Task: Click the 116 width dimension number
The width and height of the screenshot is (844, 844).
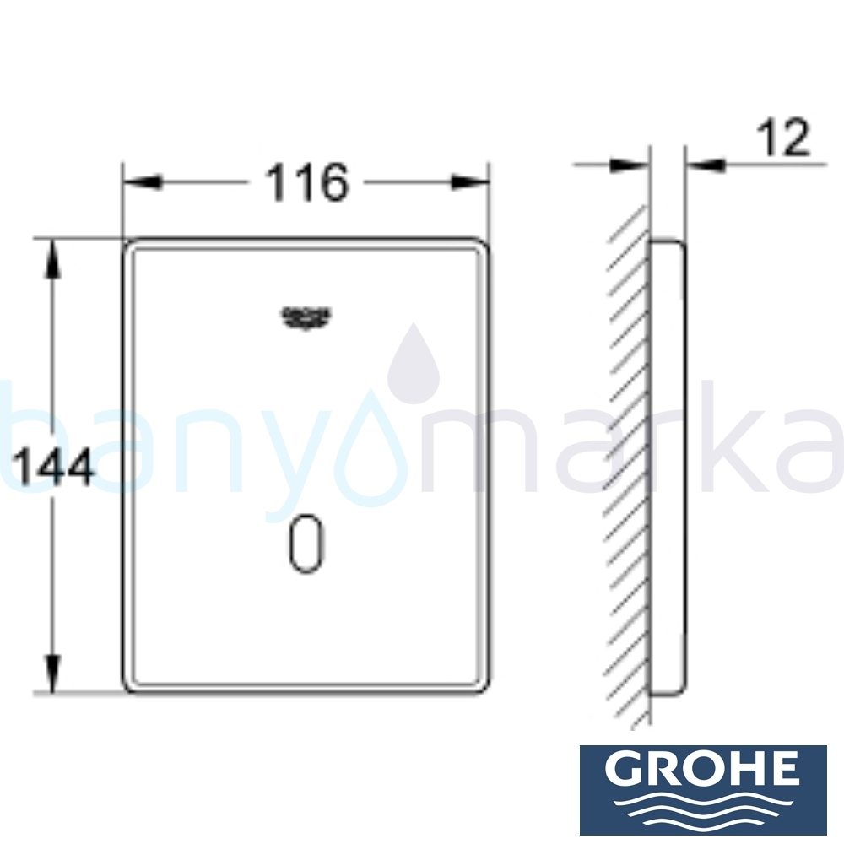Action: click(307, 183)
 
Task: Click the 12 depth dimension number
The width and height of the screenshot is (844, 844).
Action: click(783, 139)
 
